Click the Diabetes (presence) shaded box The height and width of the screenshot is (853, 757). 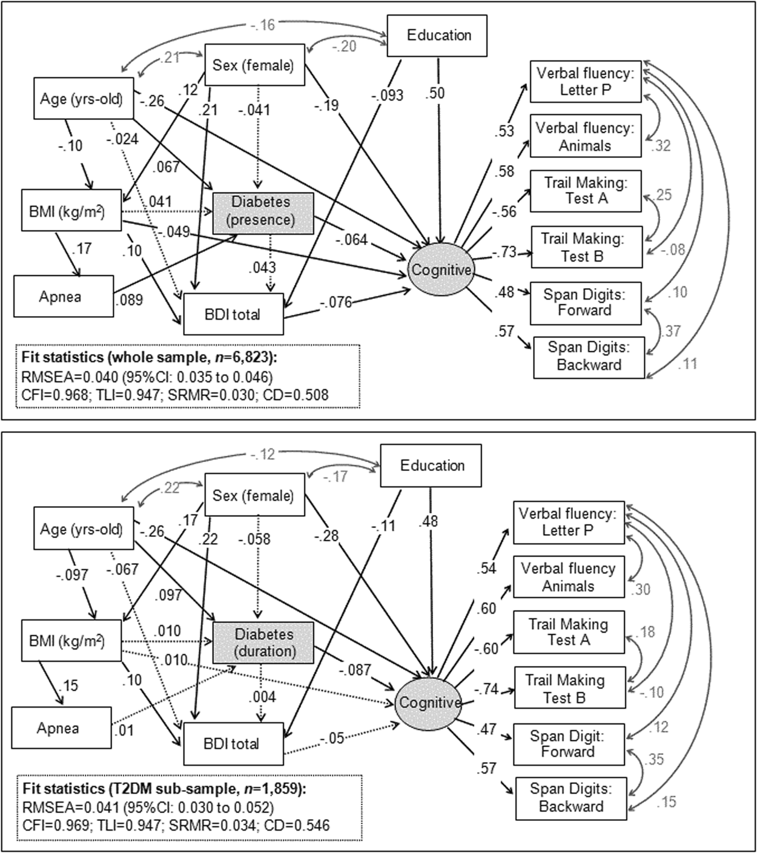263,211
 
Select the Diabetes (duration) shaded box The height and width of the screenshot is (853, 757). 263,643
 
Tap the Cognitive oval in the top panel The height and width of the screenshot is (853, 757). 441,270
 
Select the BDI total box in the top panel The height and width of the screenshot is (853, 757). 233,314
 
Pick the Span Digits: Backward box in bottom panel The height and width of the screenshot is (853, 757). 570,798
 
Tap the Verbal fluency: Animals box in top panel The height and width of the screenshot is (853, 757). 585,137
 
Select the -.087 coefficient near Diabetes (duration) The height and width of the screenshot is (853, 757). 355,670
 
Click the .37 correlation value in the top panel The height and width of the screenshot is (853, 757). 672,331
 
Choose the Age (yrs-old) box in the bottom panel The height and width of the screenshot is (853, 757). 81,530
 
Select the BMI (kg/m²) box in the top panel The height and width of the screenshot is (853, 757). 71,212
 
